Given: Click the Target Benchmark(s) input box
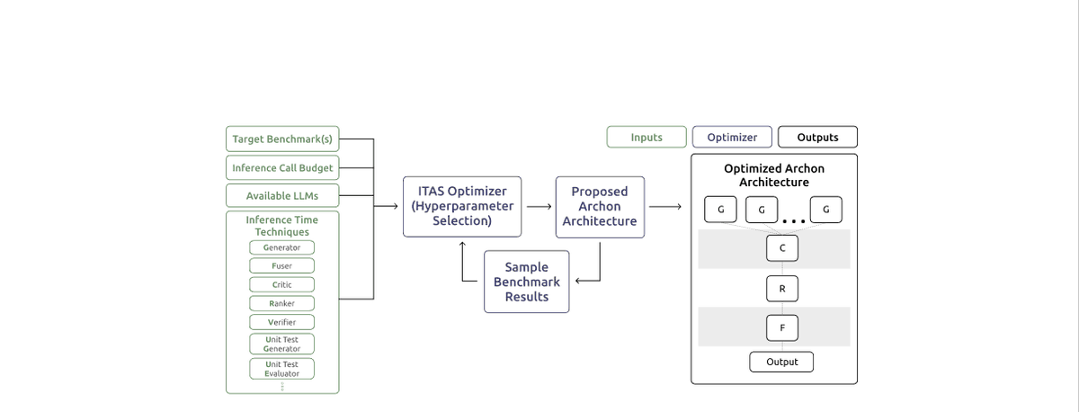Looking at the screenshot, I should click(282, 139).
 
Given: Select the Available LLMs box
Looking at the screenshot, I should click(282, 195).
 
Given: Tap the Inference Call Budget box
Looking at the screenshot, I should click(282, 167).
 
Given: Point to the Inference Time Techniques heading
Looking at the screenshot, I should click(282, 226).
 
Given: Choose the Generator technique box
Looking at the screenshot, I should click(282, 247).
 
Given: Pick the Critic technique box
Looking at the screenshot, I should click(282, 284).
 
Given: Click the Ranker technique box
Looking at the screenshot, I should click(282, 303).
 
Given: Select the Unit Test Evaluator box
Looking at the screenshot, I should click(282, 369).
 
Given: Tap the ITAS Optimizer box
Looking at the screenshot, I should click(462, 206).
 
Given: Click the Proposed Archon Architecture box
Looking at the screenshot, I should click(600, 206).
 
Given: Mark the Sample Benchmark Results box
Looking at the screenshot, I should click(527, 282).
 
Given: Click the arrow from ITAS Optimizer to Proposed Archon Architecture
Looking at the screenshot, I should click(539, 207).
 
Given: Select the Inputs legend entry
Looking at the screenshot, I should click(647, 137).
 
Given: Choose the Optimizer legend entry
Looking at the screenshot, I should click(732, 137).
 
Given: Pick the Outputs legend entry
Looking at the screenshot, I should click(817, 137).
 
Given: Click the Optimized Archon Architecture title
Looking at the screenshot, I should click(774, 175).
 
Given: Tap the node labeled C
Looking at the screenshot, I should click(782, 247).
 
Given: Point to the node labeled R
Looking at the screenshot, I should click(782, 288).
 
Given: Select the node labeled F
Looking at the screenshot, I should click(782, 328).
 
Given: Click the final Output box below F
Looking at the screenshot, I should click(782, 362).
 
